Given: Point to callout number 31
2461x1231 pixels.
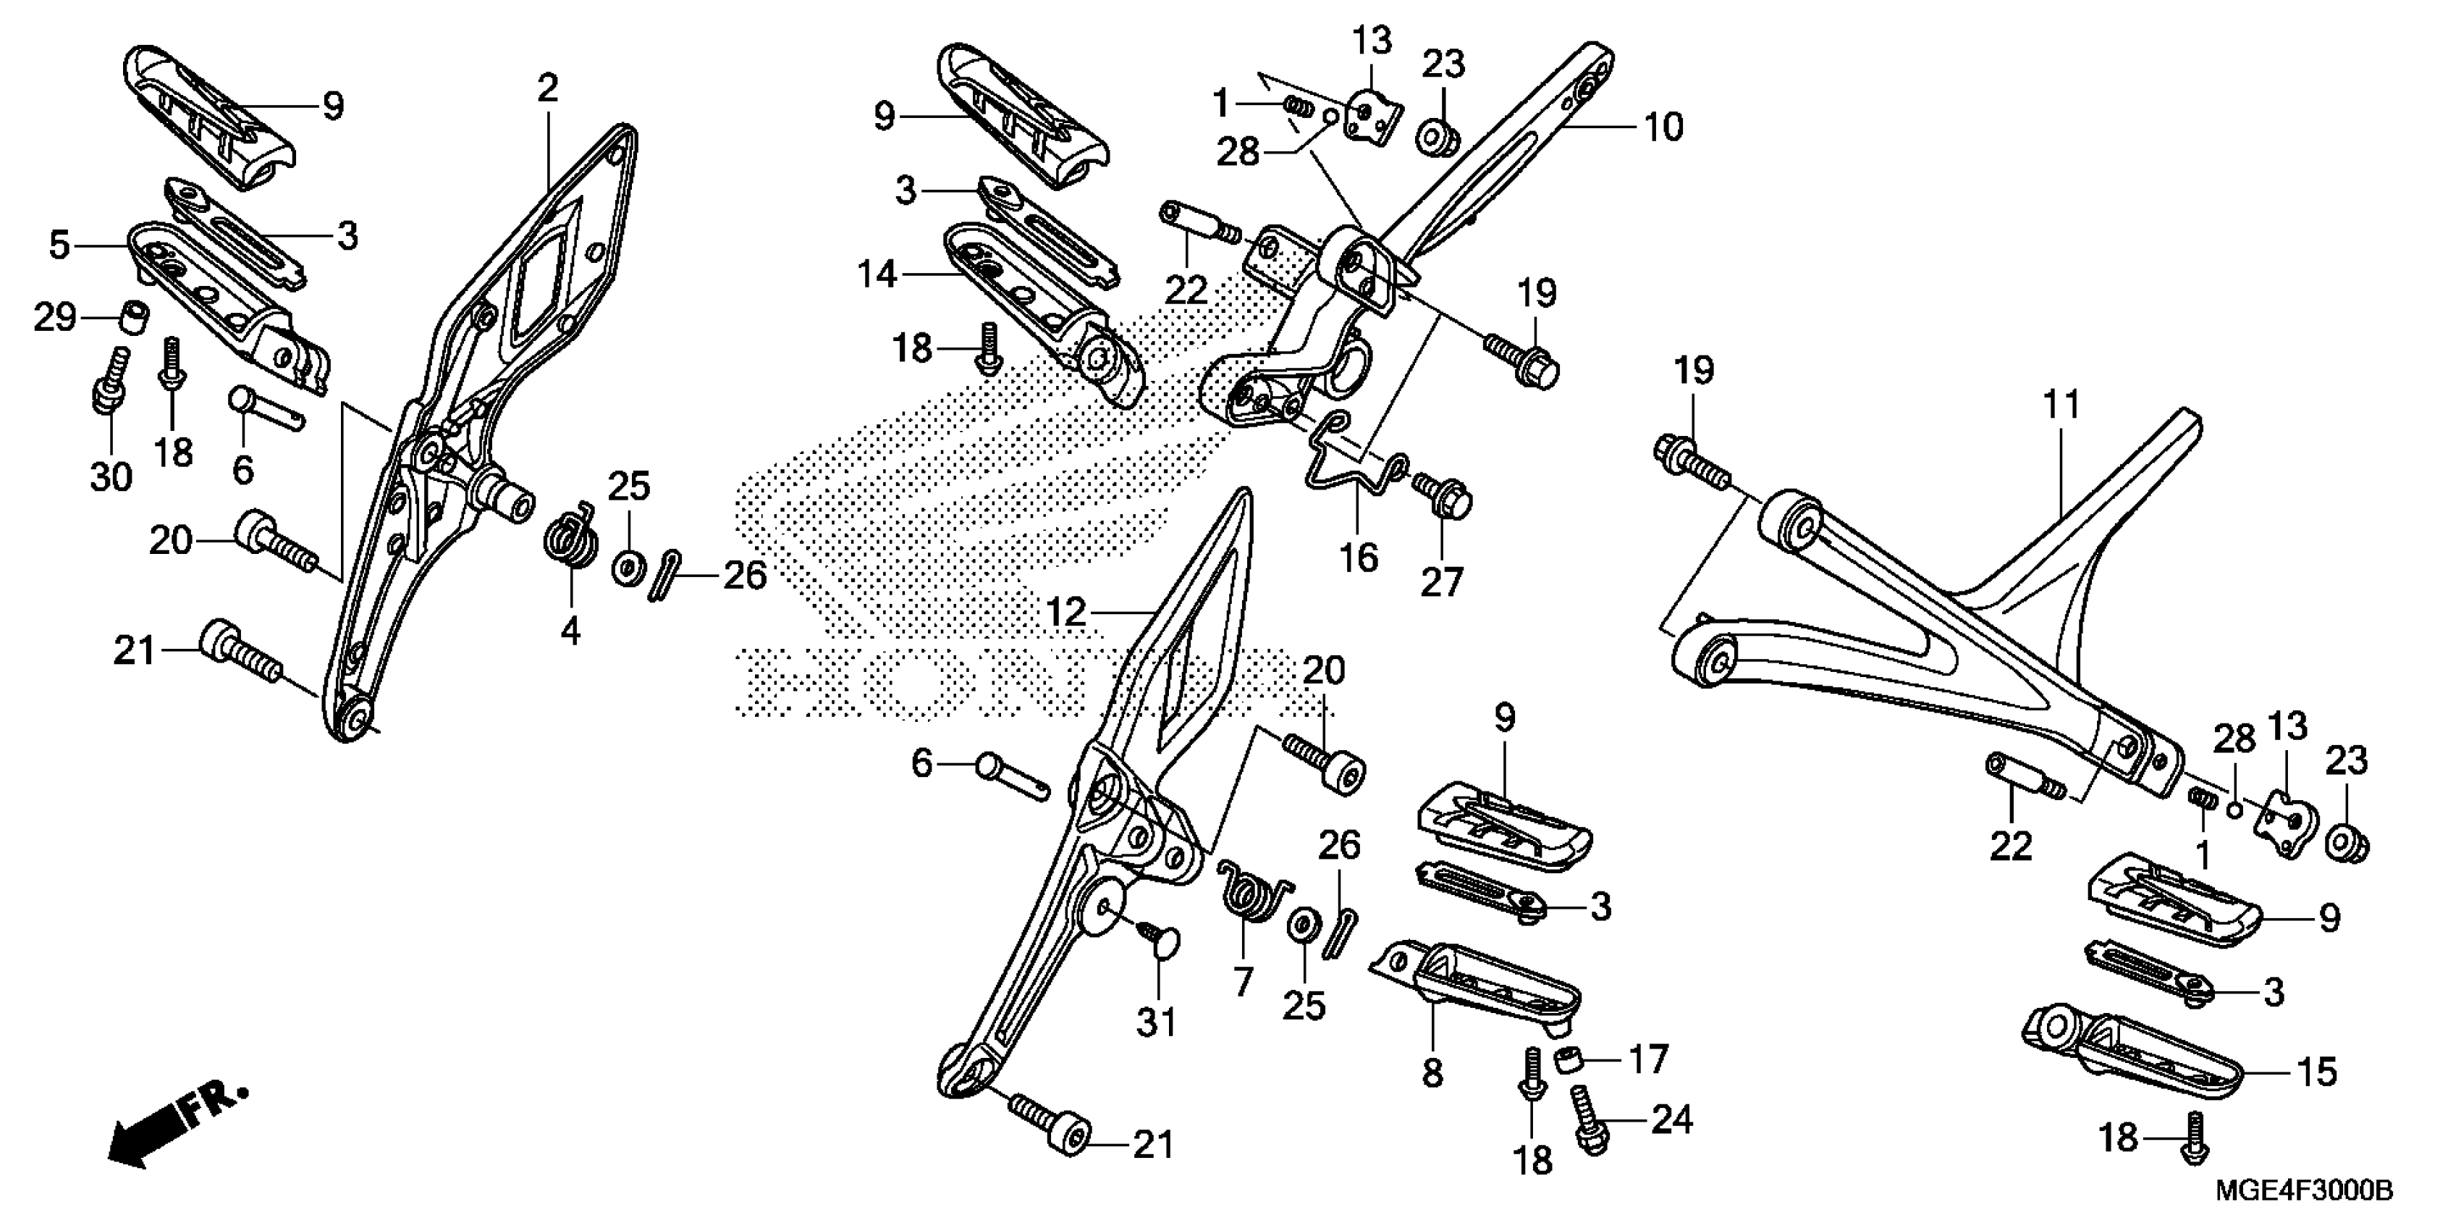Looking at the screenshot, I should pyautogui.click(x=1156, y=1024).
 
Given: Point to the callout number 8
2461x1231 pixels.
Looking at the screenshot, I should pyautogui.click(x=1431, y=1075).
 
